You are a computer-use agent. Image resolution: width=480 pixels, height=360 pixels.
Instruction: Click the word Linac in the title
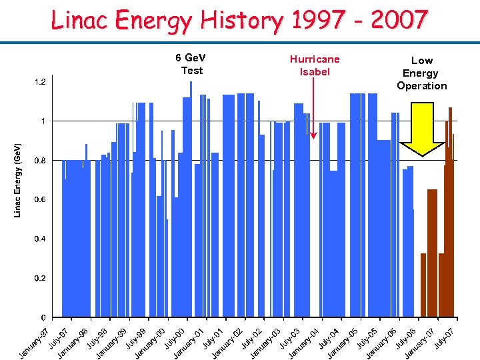80,21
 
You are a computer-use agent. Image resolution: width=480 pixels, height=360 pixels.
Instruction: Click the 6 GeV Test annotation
191,64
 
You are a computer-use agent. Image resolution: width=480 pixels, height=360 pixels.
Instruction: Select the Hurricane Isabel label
314,65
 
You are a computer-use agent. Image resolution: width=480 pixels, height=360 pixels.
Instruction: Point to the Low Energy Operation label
421,73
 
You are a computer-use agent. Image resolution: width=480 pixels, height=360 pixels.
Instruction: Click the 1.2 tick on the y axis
40,82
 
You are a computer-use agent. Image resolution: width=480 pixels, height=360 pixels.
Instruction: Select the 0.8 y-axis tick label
40,161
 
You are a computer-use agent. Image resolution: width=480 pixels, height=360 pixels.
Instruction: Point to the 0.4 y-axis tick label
40,239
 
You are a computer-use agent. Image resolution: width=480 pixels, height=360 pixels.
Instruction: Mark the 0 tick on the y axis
43,317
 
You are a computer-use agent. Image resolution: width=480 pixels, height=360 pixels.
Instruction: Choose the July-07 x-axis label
445,337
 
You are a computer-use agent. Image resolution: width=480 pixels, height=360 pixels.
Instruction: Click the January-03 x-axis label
266,342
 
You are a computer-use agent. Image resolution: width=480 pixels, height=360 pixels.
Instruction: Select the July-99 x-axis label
137,337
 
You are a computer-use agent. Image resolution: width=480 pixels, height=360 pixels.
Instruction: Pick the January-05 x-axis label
343,342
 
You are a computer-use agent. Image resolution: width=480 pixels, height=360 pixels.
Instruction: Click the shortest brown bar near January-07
423,285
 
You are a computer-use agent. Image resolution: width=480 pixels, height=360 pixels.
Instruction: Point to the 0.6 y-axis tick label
40,200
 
